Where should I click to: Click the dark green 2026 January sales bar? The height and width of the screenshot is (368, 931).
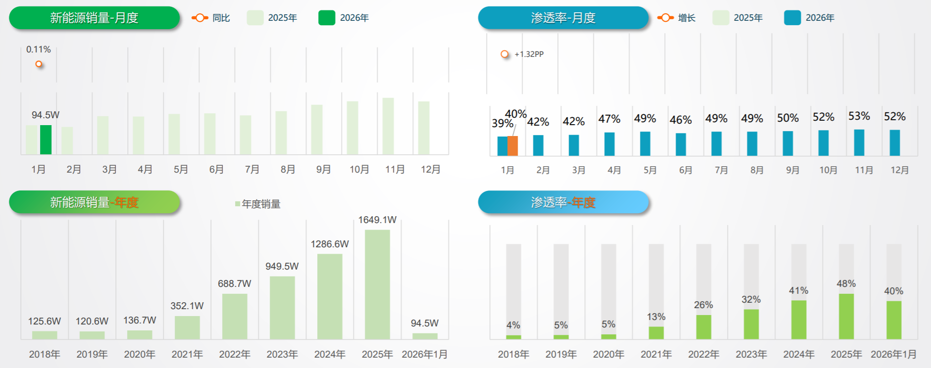point(46,139)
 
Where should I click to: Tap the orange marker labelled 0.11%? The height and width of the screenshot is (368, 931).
point(39,64)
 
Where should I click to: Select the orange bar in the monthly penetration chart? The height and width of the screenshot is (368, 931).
point(512,146)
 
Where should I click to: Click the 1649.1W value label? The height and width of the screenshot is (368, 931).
point(377,220)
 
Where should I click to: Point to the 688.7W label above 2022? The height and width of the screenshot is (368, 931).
point(234,283)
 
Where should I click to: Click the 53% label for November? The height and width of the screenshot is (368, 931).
point(859,116)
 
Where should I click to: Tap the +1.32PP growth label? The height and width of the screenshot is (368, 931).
point(529,54)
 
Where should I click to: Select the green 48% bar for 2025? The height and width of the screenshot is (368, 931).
point(846,316)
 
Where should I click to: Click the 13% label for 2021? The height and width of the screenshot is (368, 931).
point(656,317)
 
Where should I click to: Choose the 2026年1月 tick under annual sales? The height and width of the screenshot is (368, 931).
point(425,354)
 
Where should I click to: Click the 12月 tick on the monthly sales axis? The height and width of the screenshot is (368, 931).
point(431,169)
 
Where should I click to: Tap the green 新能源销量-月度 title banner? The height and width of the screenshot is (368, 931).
point(94,18)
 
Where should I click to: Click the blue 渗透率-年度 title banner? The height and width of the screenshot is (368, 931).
point(563,202)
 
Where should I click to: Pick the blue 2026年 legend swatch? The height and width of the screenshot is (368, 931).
point(792,18)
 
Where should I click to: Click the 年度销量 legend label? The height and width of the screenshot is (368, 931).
point(261,204)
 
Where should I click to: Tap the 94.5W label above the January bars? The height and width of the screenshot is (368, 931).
point(45,115)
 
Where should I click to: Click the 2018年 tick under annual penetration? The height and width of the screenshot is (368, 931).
point(513,354)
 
